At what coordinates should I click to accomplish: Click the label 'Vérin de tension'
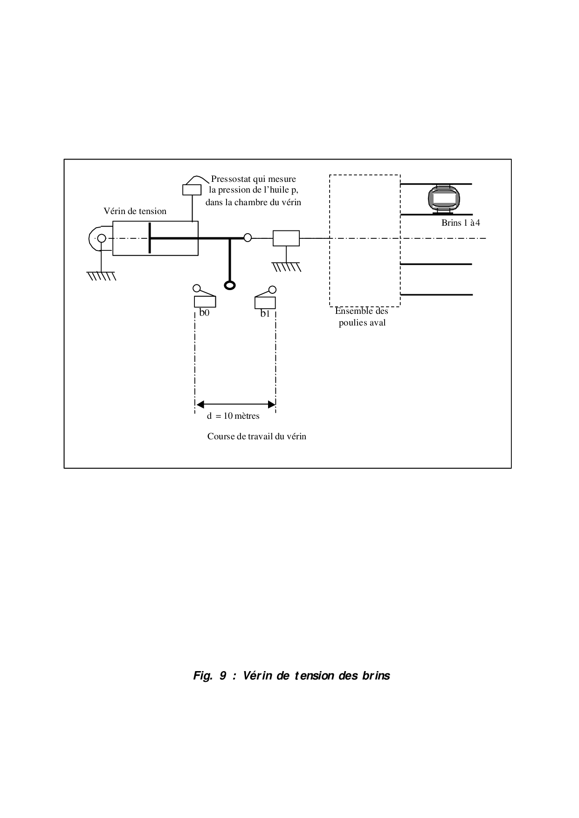click(135, 211)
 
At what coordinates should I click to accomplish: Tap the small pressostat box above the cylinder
click(192, 190)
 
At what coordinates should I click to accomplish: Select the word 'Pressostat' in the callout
click(231, 179)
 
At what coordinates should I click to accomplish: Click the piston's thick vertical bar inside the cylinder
click(150, 238)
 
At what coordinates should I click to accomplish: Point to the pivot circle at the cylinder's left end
click(102, 239)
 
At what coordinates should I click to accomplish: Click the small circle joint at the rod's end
click(248, 238)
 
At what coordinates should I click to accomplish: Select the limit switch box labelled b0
click(205, 302)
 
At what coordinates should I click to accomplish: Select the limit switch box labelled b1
click(265, 302)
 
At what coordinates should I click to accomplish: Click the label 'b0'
click(204, 313)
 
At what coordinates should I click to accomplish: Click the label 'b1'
click(265, 314)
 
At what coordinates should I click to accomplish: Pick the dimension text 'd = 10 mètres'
click(233, 416)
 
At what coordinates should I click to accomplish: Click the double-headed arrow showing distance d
click(235, 404)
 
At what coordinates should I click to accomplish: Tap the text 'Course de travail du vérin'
click(256, 437)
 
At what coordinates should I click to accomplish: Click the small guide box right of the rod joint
click(286, 238)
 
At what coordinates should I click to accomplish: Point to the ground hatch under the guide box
click(287, 267)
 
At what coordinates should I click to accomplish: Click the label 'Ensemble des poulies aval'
click(362, 317)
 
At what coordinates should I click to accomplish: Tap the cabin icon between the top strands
click(444, 199)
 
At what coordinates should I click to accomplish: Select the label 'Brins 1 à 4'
click(461, 223)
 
